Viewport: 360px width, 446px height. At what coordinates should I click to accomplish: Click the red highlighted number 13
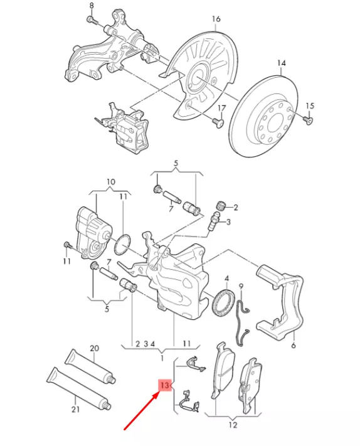click(165, 385)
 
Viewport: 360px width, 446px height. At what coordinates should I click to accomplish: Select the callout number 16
click(216, 19)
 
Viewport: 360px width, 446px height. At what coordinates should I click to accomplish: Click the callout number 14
click(280, 63)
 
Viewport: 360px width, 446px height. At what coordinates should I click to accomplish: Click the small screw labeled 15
click(307, 119)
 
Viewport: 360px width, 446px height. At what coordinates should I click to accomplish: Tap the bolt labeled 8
click(93, 21)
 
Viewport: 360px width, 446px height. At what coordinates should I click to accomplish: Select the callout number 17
click(220, 109)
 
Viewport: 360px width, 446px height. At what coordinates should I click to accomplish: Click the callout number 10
click(110, 182)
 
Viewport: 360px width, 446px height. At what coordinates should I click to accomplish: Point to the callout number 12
click(233, 425)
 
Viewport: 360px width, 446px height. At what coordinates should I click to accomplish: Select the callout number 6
click(293, 345)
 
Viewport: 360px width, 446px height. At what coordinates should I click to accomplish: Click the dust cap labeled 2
click(220, 206)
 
